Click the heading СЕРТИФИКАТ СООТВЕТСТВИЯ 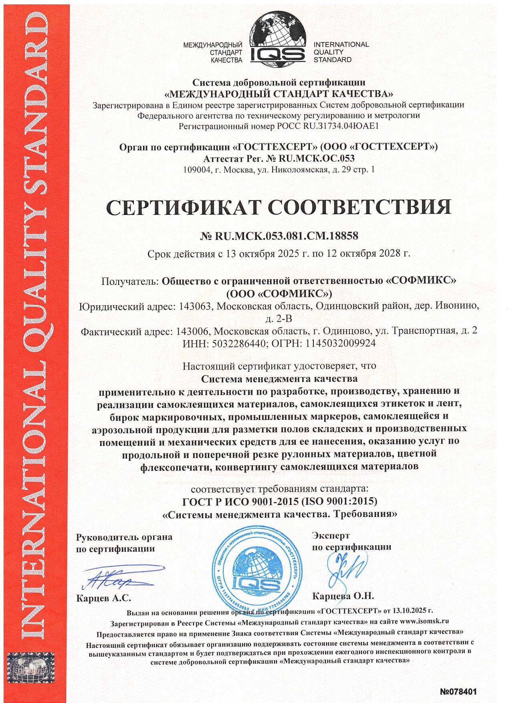point(279,207)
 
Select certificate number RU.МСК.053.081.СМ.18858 point(286,236)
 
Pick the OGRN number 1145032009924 point(341,344)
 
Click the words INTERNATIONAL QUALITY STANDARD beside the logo point(341,52)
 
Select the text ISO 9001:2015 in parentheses point(339,501)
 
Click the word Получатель point(130,281)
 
